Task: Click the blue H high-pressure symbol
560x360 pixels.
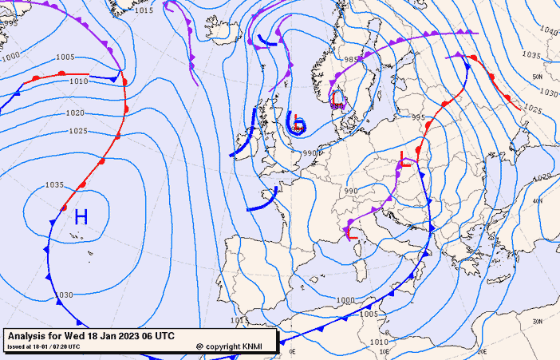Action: [81, 216]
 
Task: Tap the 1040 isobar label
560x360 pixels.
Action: [549, 30]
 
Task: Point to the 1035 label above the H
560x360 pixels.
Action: [54, 185]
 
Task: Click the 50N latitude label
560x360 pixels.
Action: [537, 77]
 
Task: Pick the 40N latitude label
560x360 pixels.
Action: [537, 201]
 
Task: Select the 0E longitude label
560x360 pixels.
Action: [292, 350]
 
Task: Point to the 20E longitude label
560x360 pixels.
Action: [482, 350]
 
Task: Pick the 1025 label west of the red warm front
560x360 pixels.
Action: [77, 131]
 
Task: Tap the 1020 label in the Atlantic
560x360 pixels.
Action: [75, 113]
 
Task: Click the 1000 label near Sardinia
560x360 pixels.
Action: [345, 300]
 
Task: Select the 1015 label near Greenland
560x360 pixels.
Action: [144, 10]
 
